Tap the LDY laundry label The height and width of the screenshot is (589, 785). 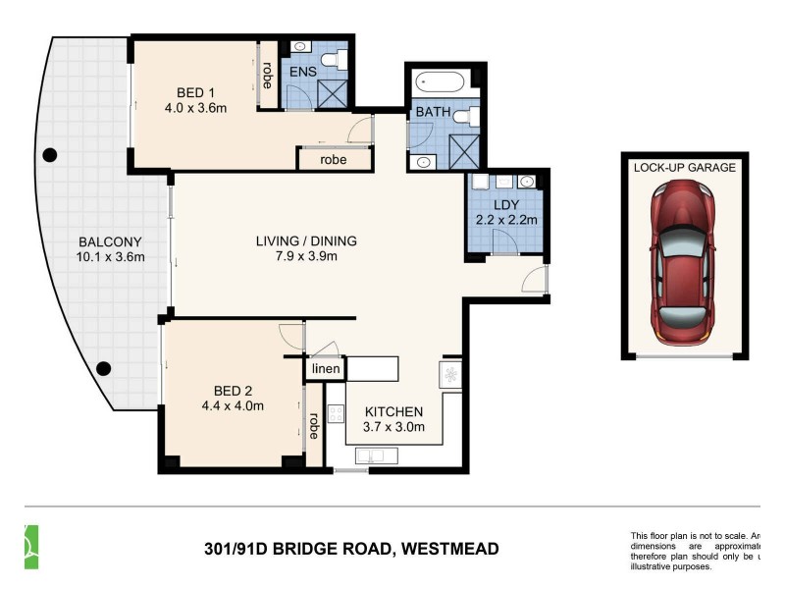(x=506, y=204)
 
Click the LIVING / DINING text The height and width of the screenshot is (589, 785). (x=306, y=241)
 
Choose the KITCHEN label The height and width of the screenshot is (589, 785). (x=393, y=411)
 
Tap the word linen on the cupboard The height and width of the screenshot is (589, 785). (x=326, y=369)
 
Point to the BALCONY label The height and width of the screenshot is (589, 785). (x=111, y=241)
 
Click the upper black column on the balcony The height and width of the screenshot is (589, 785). (x=49, y=154)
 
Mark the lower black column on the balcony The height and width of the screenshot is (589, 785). (x=104, y=369)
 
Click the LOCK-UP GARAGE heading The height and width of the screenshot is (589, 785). (x=684, y=168)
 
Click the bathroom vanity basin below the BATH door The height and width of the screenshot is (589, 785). (x=423, y=162)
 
